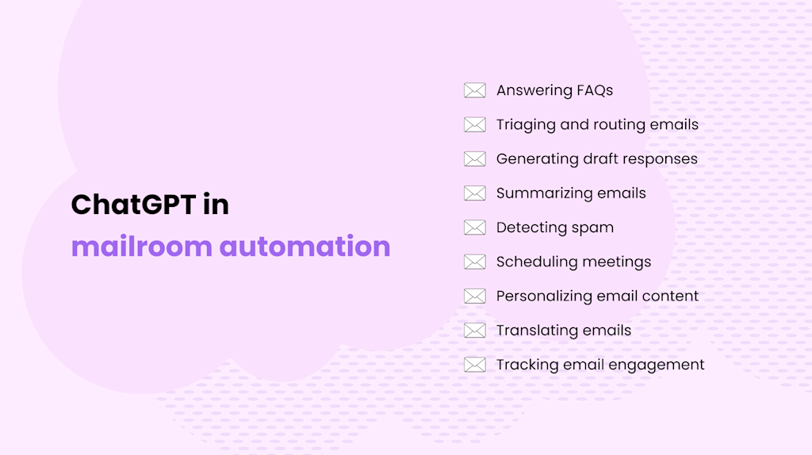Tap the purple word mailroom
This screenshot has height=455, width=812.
[142, 246]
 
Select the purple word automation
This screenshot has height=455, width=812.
[304, 246]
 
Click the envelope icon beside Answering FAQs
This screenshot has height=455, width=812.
[474, 90]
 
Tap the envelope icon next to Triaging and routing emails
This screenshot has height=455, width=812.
[474, 124]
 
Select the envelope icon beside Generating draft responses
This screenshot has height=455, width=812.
[474, 159]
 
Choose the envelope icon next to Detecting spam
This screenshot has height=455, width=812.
[474, 227]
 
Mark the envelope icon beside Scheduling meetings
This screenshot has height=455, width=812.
[474, 262]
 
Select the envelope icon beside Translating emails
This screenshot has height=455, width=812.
[474, 331]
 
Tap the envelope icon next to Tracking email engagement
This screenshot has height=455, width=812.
[474, 365]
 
